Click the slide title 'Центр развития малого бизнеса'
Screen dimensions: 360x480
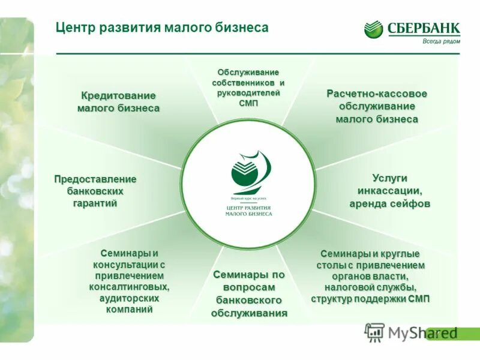[161, 28]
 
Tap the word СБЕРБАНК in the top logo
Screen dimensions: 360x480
[424, 28]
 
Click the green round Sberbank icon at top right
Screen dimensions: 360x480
[373, 29]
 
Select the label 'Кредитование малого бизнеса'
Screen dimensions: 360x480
[118, 102]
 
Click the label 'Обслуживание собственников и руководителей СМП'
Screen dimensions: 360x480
[248, 88]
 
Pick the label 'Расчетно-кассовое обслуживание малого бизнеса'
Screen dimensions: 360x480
[376, 106]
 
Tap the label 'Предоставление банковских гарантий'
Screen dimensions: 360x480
[95, 191]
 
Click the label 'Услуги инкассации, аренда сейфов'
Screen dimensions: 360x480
[389, 191]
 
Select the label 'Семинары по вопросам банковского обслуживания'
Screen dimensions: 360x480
[248, 293]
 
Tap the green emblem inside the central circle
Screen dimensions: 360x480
[249, 172]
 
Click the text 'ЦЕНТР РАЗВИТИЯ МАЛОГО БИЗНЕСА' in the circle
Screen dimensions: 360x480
[248, 210]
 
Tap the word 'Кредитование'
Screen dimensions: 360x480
[118, 95]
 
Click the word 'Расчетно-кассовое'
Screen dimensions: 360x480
[376, 94]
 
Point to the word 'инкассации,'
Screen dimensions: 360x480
[389, 191]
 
